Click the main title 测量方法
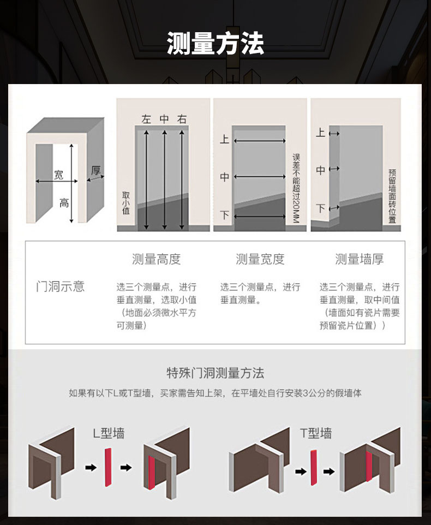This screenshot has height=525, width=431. (215, 44)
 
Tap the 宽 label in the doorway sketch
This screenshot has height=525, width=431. (58, 175)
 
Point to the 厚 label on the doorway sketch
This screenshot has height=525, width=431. (96, 170)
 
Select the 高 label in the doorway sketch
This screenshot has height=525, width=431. (64, 203)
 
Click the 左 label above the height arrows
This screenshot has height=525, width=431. (146, 119)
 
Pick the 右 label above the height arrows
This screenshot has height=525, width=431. (182, 119)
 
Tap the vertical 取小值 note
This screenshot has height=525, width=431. (126, 202)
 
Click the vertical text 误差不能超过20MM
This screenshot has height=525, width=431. (296, 188)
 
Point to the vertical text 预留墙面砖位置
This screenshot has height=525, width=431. (392, 196)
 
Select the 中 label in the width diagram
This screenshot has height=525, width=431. (224, 177)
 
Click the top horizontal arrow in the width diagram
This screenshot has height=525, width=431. (260, 141)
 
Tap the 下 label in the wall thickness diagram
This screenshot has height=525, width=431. (321, 208)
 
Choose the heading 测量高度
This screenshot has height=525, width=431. (156, 259)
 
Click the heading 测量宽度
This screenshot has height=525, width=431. (260, 259)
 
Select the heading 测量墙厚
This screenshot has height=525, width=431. (360, 259)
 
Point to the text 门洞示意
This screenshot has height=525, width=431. (60, 287)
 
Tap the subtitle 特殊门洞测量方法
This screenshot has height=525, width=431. (215, 373)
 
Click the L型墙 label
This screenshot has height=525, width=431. (109, 433)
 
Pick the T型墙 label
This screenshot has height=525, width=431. (315, 433)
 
